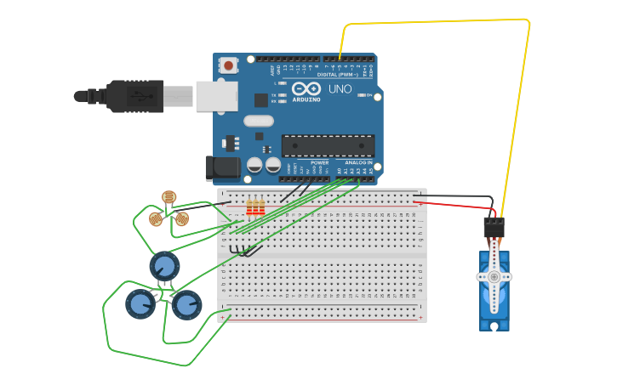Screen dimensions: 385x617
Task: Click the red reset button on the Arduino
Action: (x=228, y=65)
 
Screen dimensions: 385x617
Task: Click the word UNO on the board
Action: (x=340, y=88)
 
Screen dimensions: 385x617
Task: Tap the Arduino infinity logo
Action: (x=306, y=88)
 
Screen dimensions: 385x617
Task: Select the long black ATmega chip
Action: (x=328, y=145)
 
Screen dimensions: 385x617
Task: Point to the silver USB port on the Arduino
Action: (x=216, y=96)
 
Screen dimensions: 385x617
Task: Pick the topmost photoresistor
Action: (x=169, y=197)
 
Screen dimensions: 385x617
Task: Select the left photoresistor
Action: (x=156, y=219)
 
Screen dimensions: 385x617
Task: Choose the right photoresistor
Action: (x=182, y=218)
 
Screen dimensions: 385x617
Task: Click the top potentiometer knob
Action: (x=164, y=266)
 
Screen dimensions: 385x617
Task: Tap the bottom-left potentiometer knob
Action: (x=140, y=303)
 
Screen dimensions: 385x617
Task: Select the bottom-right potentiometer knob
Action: (x=186, y=304)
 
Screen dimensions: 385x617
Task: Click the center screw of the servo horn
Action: (x=494, y=276)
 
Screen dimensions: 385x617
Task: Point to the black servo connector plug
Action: (x=494, y=227)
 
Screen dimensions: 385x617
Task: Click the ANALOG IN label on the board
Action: (x=358, y=161)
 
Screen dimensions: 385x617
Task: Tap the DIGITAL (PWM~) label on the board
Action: (x=337, y=75)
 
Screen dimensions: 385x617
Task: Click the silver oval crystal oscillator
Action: (x=258, y=121)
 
